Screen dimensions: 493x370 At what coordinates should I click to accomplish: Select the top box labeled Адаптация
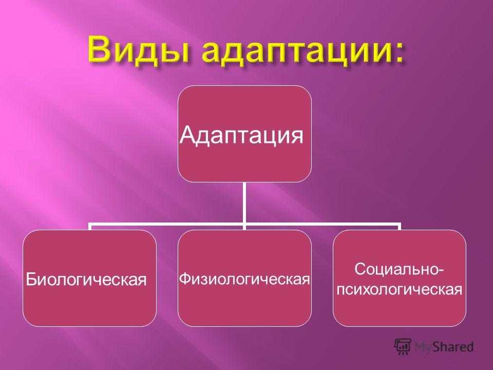(x=244, y=134)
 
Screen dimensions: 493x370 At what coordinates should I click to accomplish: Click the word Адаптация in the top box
(x=241, y=135)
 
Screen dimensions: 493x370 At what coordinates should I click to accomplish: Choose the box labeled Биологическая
(x=89, y=278)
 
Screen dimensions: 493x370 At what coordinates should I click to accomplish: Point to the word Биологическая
(x=86, y=279)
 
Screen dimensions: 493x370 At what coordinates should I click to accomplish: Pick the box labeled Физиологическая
(x=244, y=278)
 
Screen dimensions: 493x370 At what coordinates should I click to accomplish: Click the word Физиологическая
(x=244, y=279)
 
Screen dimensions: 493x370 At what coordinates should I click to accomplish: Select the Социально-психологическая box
(x=400, y=278)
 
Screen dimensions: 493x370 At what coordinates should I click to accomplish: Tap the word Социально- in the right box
(x=400, y=270)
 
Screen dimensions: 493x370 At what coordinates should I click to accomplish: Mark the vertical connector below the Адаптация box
(x=244, y=203)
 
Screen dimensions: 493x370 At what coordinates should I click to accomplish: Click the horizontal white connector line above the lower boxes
(x=244, y=225)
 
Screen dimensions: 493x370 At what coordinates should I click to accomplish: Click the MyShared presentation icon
(x=403, y=347)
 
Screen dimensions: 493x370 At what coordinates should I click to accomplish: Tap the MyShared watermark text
(x=444, y=347)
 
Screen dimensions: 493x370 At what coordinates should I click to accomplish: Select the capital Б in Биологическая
(x=31, y=279)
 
